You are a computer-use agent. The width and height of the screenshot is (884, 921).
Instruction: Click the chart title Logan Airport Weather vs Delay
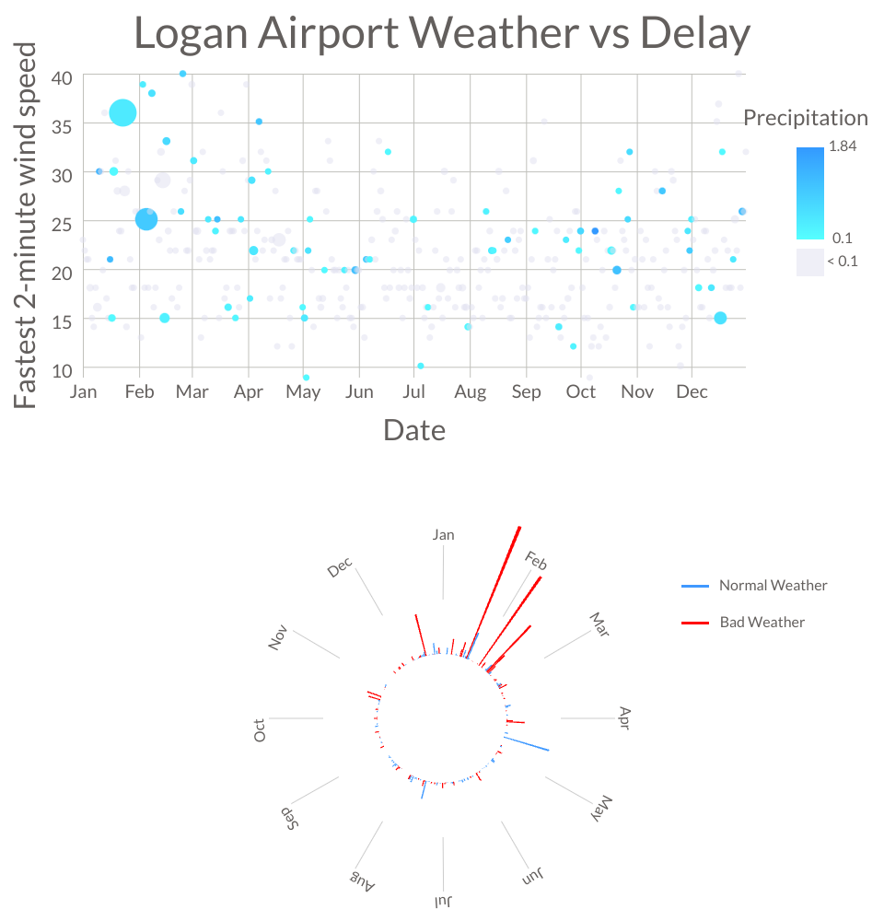pos(442,34)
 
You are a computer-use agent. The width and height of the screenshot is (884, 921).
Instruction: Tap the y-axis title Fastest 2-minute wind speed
pos(28,225)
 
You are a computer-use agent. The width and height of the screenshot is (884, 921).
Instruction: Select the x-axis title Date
pos(414,430)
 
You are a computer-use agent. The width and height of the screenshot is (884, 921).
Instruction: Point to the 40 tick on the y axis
pos(61,77)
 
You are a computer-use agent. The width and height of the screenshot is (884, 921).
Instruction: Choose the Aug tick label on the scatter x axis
pos(470,392)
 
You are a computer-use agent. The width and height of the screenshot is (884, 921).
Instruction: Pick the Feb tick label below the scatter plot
pos(139,392)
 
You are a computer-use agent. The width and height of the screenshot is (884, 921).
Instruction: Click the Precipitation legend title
pos(805,118)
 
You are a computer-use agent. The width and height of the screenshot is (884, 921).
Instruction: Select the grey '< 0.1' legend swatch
pos(810,262)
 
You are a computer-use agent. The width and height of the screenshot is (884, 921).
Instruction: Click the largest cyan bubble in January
pos(122,112)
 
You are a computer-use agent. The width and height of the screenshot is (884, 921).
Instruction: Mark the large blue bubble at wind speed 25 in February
pos(146,219)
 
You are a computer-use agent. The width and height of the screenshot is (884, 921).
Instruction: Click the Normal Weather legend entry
pos(773,586)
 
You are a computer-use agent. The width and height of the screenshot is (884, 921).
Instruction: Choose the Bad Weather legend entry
pos(762,623)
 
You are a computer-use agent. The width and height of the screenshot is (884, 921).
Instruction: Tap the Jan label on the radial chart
pos(443,535)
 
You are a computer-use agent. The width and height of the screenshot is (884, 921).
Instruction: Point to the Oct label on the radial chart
pos(260,730)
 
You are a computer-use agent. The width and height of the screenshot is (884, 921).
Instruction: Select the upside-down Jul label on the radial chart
pos(444,900)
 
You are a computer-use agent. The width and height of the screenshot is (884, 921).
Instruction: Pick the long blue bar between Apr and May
pos(527,744)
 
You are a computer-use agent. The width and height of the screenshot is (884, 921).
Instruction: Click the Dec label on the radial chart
pos(340,568)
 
